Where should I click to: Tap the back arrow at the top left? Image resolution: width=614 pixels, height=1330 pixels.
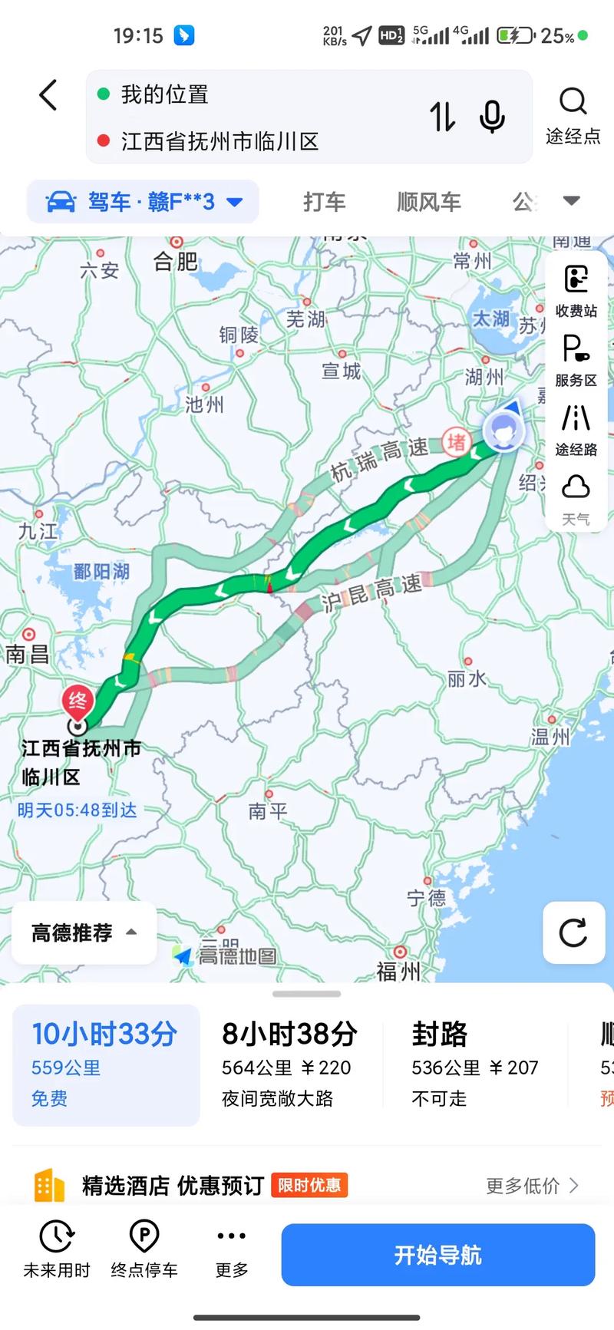point(48,96)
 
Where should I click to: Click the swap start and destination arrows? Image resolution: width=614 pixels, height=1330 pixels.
point(442,117)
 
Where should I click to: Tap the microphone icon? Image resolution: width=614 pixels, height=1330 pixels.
point(492,117)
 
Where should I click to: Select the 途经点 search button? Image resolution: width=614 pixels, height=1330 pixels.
point(573,115)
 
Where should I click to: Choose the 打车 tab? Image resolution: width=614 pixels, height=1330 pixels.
point(324,202)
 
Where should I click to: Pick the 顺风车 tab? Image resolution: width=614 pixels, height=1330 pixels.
point(428,202)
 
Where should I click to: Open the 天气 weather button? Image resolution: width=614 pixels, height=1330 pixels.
point(576,499)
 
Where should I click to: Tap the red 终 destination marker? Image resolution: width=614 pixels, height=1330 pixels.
point(78,701)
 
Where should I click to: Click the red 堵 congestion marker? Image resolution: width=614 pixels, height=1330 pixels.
point(457,441)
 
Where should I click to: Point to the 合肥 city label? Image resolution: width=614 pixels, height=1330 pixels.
point(176,262)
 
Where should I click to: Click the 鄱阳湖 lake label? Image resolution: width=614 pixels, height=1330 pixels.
point(101,572)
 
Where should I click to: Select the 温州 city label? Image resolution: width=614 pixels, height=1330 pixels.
point(550,737)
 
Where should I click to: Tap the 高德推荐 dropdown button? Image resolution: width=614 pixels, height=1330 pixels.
point(84,932)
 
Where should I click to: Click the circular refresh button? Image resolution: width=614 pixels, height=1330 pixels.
point(573,932)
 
